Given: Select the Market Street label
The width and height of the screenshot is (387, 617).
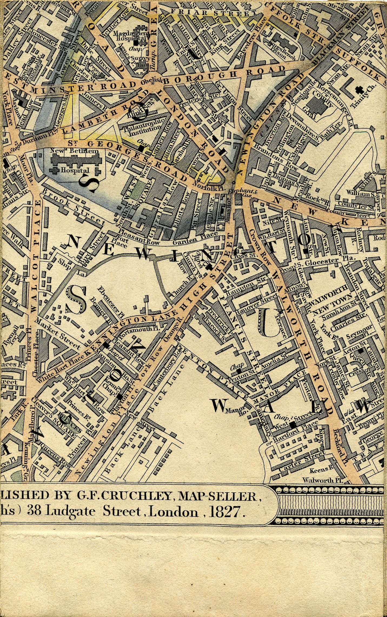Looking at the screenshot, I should point(58,333).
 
